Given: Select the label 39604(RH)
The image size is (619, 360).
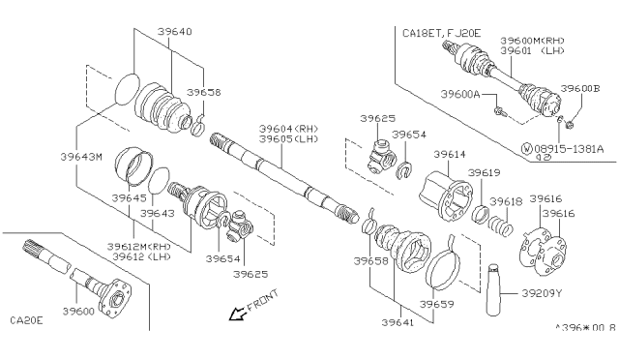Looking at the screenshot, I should click(x=287, y=128).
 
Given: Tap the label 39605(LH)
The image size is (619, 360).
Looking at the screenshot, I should click(x=287, y=138).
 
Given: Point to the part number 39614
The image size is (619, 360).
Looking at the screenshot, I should click(x=449, y=154).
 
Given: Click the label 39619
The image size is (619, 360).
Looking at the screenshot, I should click(x=485, y=172).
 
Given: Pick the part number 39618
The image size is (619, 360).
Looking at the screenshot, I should click(x=505, y=200).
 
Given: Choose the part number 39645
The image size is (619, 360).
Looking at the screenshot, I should click(x=129, y=198).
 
